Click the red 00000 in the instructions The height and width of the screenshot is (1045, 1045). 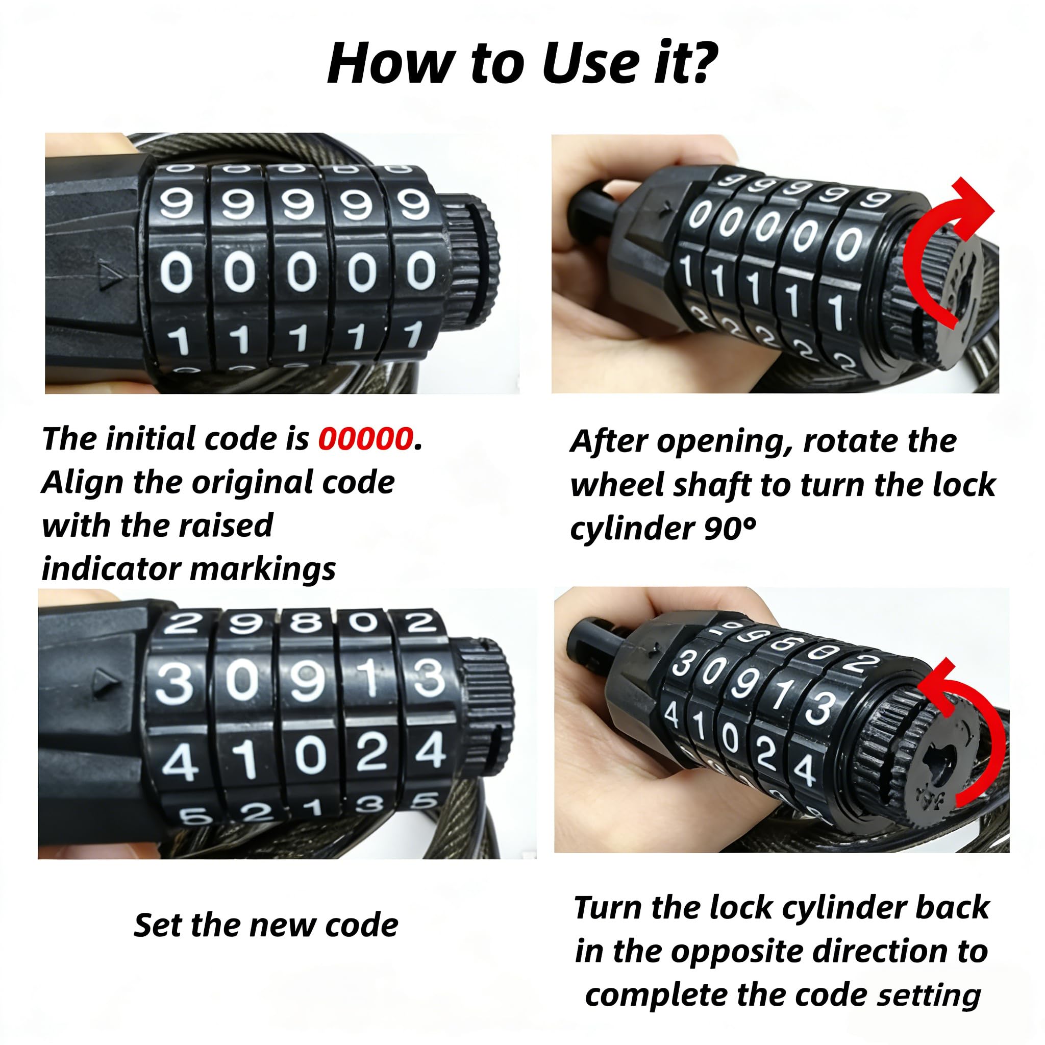tap(366, 439)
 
